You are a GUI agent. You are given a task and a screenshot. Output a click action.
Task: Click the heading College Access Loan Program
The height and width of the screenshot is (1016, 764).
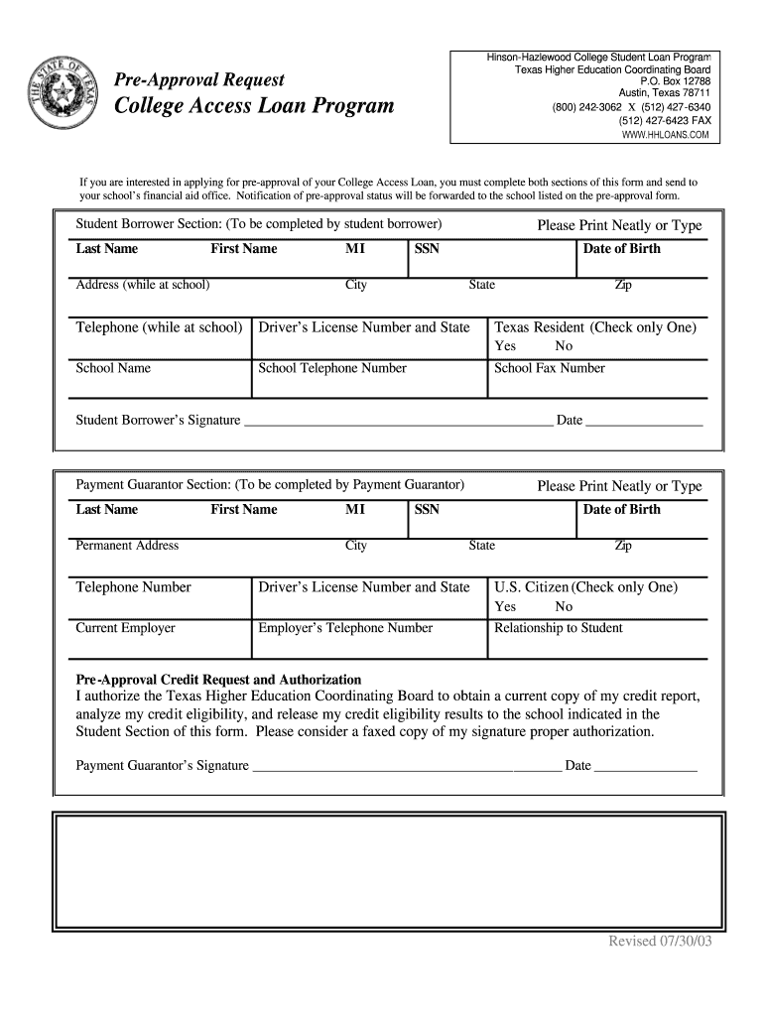254,105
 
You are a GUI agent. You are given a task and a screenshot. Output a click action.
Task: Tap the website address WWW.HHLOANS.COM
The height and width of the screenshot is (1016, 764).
665,135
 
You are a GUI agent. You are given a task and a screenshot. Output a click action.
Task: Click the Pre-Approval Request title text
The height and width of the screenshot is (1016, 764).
199,79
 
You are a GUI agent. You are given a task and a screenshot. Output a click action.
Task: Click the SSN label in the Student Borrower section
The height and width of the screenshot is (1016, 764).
427,249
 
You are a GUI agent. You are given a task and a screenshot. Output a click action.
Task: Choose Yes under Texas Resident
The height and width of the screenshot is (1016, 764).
505,346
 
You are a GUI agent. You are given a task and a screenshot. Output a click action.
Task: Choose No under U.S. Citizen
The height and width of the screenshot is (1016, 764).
564,606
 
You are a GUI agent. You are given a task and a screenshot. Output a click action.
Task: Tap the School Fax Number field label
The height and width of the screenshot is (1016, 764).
549,368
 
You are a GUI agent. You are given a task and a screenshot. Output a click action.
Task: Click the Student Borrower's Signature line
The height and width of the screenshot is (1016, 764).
397,422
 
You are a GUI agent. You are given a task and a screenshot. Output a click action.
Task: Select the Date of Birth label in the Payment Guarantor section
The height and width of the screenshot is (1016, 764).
621,510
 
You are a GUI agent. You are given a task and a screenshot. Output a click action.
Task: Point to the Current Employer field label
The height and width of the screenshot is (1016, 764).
125,628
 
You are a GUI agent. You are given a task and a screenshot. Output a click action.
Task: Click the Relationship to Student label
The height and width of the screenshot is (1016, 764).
558,628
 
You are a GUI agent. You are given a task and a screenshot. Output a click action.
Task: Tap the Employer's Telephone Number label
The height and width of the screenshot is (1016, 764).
345,628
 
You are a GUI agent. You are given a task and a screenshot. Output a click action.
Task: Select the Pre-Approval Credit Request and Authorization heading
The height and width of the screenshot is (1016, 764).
219,680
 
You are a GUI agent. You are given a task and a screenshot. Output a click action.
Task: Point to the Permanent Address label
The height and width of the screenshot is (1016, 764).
127,546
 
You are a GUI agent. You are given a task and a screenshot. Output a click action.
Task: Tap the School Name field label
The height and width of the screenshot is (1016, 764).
113,368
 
